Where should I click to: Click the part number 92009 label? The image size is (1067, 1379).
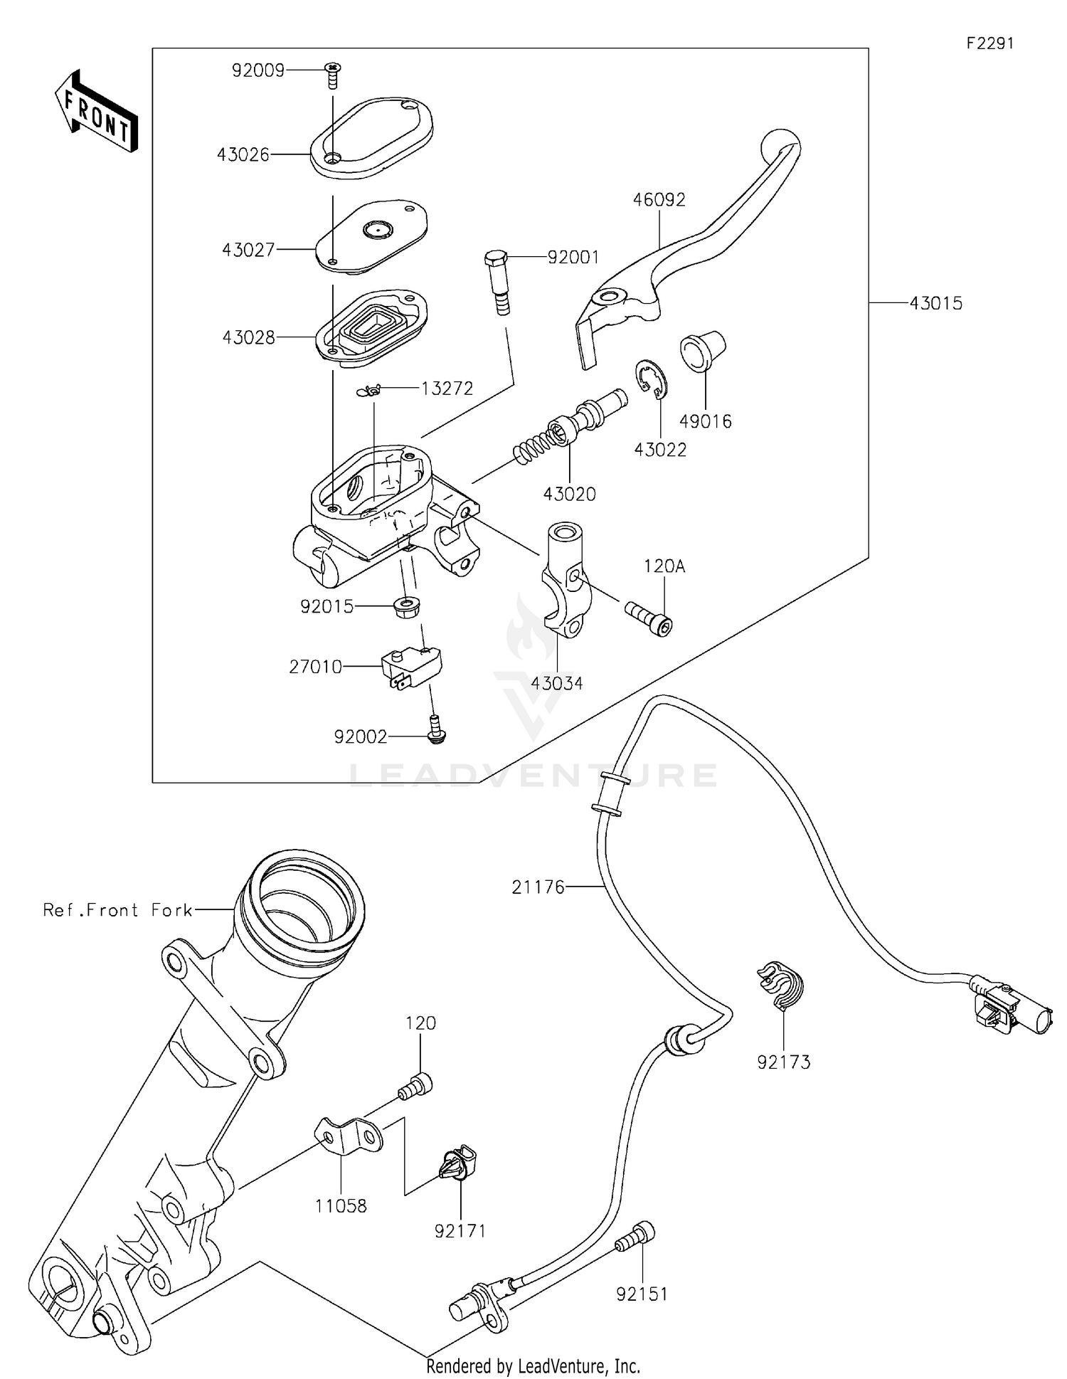tap(258, 70)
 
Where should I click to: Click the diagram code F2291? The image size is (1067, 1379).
tap(989, 43)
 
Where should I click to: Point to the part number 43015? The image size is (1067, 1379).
tap(935, 303)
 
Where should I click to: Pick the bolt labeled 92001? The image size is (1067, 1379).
tap(499, 280)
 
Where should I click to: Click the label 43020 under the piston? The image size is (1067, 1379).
tap(569, 494)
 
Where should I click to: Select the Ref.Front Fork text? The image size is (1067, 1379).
tap(117, 910)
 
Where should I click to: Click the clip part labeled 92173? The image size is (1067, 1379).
tap(780, 986)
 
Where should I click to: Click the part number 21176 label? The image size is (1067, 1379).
tap(537, 887)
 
